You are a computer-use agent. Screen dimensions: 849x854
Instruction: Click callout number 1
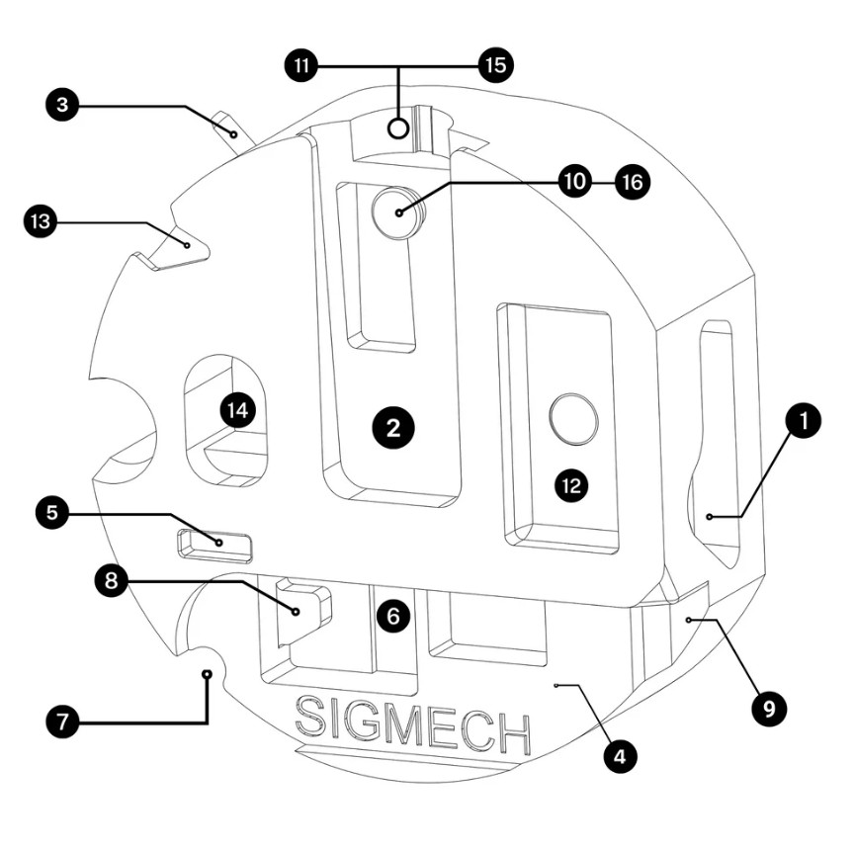tap(803, 422)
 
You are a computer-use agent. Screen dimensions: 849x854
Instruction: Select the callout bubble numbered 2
tap(392, 427)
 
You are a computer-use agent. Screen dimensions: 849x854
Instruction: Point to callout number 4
tap(619, 757)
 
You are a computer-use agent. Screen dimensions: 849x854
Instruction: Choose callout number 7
tap(63, 722)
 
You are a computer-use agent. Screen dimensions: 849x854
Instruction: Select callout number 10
tap(573, 181)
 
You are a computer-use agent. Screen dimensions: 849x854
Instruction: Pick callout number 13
tap(40, 223)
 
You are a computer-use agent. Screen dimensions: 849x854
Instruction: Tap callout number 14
tap(237, 408)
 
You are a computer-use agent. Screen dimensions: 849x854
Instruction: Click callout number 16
tap(633, 181)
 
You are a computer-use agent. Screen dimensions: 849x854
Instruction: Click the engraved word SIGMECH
tap(412, 727)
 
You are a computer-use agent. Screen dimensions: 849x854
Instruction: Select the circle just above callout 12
tap(573, 418)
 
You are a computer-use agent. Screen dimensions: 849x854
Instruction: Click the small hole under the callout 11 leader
tap(398, 127)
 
